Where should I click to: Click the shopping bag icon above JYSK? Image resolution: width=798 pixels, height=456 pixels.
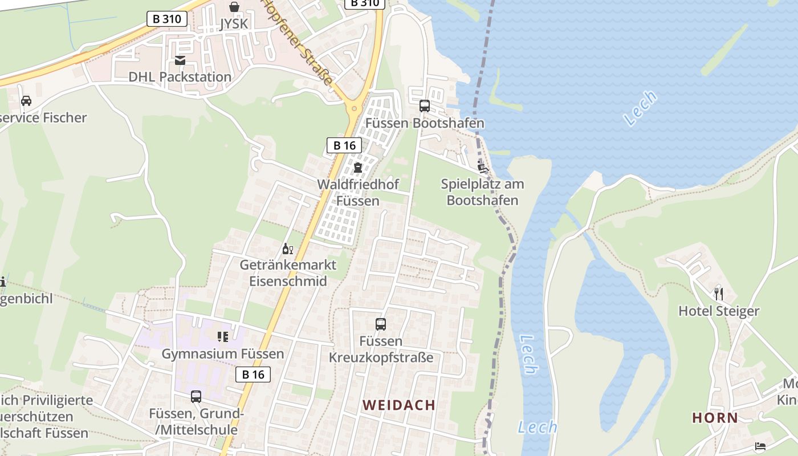click(x=234, y=7)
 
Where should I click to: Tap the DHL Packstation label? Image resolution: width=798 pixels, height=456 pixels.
click(x=180, y=77)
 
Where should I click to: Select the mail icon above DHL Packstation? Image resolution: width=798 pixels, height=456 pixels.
click(x=180, y=60)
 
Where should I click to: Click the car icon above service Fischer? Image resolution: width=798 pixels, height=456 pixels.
click(x=26, y=101)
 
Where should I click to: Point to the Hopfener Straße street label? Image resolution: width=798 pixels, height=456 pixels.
click(x=298, y=43)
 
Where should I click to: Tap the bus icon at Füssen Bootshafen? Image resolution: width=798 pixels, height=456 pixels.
click(x=425, y=105)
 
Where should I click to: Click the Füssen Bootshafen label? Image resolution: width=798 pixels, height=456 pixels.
click(x=425, y=123)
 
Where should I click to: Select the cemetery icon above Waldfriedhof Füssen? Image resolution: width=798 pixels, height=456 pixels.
click(x=358, y=168)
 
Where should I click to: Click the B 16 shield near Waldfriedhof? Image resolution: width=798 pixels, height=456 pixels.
click(x=344, y=145)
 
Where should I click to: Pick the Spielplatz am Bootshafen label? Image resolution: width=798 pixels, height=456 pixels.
click(x=482, y=192)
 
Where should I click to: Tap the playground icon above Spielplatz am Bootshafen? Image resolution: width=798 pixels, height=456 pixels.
click(x=483, y=167)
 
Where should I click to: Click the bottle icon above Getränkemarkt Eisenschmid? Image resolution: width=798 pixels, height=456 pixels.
click(x=288, y=249)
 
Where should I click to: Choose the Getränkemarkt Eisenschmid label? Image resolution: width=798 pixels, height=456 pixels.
click(x=288, y=273)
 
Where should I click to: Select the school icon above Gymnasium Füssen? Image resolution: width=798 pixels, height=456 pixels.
click(x=222, y=337)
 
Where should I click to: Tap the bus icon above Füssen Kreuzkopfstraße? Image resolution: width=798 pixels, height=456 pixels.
click(x=381, y=324)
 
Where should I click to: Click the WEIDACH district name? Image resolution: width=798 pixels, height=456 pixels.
click(x=399, y=405)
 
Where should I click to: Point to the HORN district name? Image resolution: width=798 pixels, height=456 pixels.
click(x=715, y=418)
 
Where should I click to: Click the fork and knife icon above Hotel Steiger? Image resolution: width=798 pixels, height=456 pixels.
click(x=719, y=294)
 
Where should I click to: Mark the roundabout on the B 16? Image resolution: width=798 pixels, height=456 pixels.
click(x=354, y=107)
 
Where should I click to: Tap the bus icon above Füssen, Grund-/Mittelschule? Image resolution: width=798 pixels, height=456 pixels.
click(x=196, y=397)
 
